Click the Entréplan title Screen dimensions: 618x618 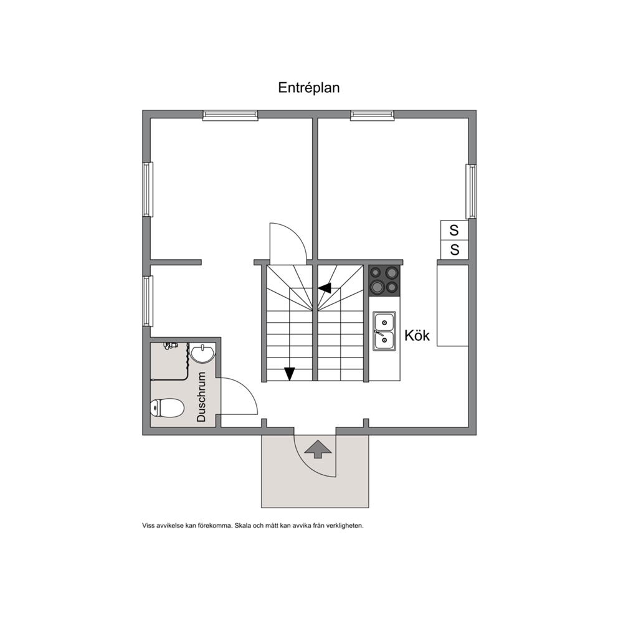[x=308, y=88]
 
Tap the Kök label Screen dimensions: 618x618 [x=417, y=336]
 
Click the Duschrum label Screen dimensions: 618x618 [x=201, y=397]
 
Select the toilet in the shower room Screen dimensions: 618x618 [x=167, y=407]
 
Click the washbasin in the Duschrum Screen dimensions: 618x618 [x=202, y=353]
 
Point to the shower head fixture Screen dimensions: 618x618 [x=171, y=346]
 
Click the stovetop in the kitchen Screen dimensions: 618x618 [x=384, y=280]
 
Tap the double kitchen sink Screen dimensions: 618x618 [x=384, y=331]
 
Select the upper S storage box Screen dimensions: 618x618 [x=454, y=230]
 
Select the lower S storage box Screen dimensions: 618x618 [x=454, y=250]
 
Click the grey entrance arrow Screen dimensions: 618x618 [x=318, y=449]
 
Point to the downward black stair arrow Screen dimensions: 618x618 [x=290, y=374]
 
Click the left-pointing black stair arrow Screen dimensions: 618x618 [x=325, y=288]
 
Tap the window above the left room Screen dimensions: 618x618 [x=231, y=115]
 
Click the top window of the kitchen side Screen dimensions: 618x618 [x=373, y=115]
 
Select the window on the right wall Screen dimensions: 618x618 [x=471, y=191]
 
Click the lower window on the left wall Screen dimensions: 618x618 [x=148, y=301]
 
